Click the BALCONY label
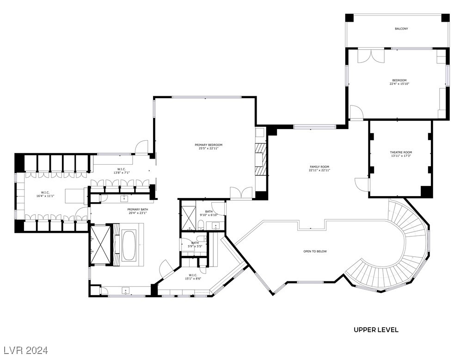point(401,29)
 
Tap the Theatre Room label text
point(400,152)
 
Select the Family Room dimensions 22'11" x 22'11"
point(319,170)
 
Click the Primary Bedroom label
point(208,145)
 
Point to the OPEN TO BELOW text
point(315,251)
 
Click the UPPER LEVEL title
point(376,330)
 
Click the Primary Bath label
point(137,209)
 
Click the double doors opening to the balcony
point(371,55)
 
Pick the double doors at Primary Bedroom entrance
point(241,193)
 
